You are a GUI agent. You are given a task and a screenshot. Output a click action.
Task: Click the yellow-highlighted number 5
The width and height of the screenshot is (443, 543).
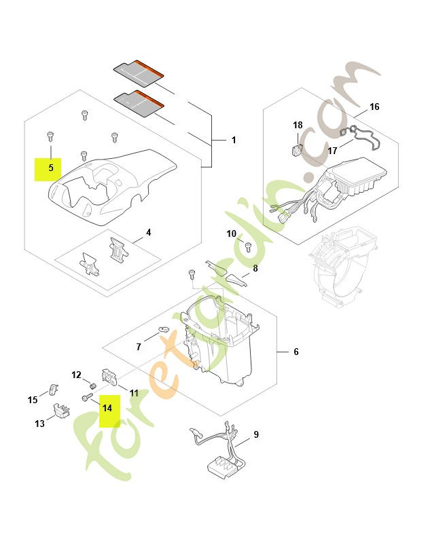[x=50, y=167]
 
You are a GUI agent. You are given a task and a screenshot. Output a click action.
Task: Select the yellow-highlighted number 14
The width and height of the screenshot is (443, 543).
[x=107, y=408]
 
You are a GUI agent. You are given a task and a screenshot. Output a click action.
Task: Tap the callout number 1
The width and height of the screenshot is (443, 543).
[x=233, y=141]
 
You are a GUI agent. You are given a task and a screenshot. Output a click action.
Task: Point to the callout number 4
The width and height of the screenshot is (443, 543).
[x=148, y=232]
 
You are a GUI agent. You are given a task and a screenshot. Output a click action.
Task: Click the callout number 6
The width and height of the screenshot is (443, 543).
[x=296, y=352]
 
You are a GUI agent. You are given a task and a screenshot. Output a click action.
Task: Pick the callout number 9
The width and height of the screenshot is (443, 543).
[x=255, y=434]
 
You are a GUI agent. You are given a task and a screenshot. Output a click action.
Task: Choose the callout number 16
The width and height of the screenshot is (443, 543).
[x=374, y=107]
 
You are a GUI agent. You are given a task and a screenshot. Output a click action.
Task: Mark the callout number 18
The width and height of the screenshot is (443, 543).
[x=298, y=126]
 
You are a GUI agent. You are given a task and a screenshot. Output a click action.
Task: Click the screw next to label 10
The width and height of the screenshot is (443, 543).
[x=248, y=245]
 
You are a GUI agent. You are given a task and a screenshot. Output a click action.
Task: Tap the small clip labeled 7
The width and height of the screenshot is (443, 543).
[x=163, y=331]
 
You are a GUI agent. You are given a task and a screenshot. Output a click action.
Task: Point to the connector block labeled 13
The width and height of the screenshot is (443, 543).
[x=62, y=412]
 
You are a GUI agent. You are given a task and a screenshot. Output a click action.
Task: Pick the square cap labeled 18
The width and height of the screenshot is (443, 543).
[x=296, y=149]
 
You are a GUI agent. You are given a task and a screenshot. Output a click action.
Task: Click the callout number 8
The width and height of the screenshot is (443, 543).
[x=255, y=269]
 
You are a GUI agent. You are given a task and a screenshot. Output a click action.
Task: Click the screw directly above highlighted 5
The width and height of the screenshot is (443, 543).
[x=50, y=135]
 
